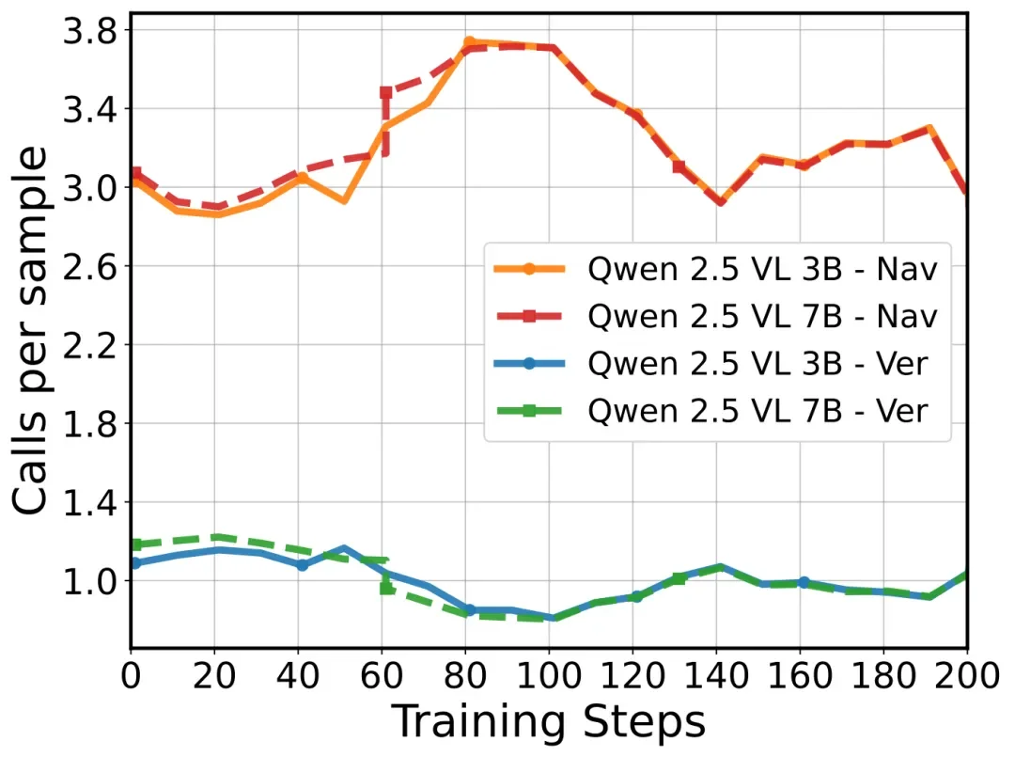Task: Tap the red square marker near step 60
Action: click(386, 93)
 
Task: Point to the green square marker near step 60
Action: click(386, 588)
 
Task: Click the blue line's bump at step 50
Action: click(344, 547)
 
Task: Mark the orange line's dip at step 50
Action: click(344, 200)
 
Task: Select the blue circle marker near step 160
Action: click(804, 582)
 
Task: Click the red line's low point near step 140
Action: click(720, 202)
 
